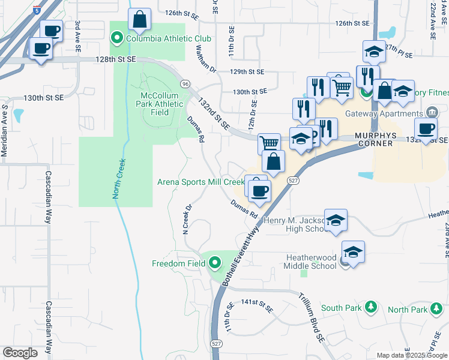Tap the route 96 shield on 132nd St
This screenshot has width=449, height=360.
coord(185,83)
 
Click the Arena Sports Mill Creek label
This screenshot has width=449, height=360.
coord(200,182)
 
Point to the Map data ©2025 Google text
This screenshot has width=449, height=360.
coord(411,355)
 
